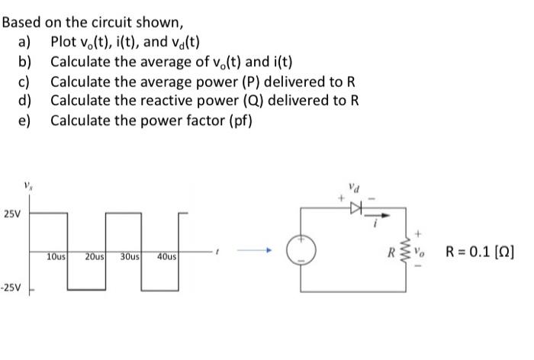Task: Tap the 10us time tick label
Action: click(x=55, y=258)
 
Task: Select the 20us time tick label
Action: click(x=95, y=258)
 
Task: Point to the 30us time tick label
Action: click(x=130, y=258)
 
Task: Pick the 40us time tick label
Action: click(x=168, y=258)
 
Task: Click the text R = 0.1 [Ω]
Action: click(x=480, y=249)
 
